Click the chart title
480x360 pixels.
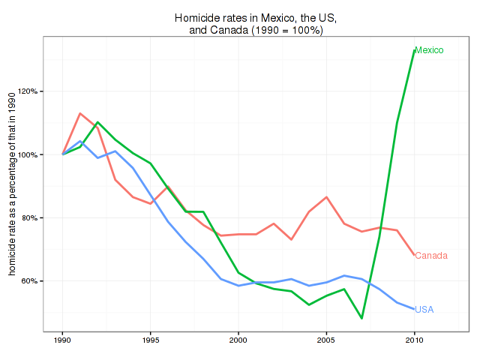(255, 23)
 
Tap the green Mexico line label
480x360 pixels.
(429, 50)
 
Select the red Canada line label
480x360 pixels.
(431, 256)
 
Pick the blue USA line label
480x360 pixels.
(424, 309)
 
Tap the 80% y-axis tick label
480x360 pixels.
(28, 218)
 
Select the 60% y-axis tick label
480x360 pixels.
(28, 281)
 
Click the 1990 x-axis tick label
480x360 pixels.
(62, 340)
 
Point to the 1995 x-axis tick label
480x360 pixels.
(151, 340)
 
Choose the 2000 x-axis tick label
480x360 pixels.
(238, 340)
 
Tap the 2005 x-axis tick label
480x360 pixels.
(326, 340)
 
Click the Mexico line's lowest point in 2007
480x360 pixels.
(361, 318)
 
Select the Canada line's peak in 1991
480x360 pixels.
(80, 113)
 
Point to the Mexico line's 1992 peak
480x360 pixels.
(97, 121)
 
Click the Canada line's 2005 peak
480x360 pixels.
(326, 197)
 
